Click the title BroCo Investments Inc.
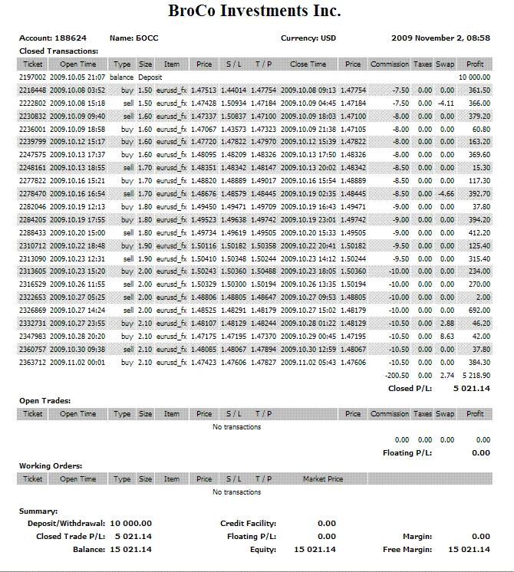coord(255,12)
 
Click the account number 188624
coord(71,38)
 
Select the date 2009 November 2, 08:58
coord(440,38)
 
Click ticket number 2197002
coord(33,77)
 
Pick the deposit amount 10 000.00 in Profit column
coord(474,77)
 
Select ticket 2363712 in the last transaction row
coord(33,362)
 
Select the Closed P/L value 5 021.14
coord(471,388)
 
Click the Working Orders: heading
coord(50,465)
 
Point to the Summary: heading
coord(38,511)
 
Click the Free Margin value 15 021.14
coord(469,549)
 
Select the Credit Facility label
coord(248,523)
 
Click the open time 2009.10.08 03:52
coord(77,90)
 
